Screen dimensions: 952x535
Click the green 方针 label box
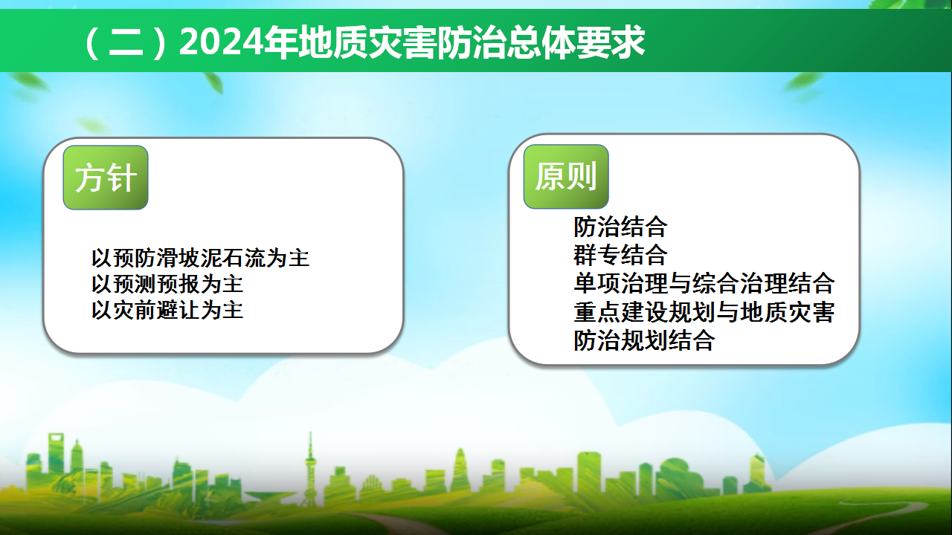(x=106, y=178)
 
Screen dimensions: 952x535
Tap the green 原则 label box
(x=566, y=177)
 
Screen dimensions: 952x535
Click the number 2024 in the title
(x=222, y=42)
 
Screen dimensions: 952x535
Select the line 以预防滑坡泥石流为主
(x=200, y=258)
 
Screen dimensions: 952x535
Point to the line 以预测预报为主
(x=167, y=284)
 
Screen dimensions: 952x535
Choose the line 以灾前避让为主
(x=167, y=311)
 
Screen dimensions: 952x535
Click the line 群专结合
(x=620, y=255)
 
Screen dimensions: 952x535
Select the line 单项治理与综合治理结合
(x=704, y=283)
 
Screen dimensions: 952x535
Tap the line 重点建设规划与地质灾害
(x=704, y=312)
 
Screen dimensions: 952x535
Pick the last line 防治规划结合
(x=644, y=340)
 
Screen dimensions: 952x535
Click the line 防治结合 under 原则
(x=620, y=227)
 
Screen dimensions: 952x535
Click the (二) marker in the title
(x=126, y=43)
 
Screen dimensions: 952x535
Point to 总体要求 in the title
(x=576, y=42)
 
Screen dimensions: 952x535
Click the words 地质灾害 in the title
(x=367, y=42)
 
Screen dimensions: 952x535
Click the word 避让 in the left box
(x=178, y=311)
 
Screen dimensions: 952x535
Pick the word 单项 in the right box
(x=596, y=283)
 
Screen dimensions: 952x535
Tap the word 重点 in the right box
(x=596, y=312)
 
